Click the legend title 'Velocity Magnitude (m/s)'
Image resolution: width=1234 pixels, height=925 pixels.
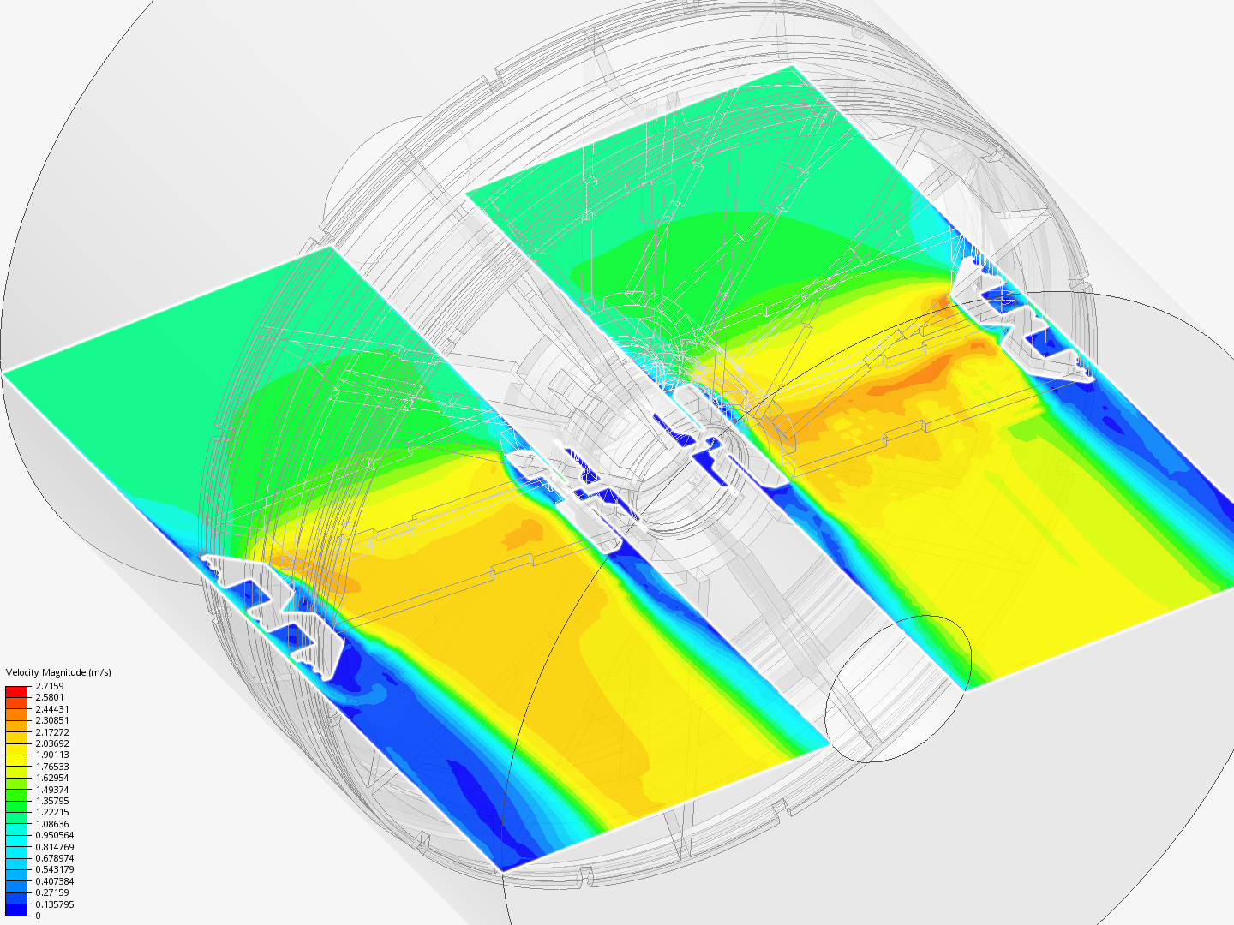tap(58, 672)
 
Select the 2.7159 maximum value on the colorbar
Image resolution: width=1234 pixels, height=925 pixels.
tap(50, 686)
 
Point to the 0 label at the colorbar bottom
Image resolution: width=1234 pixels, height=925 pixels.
tap(38, 916)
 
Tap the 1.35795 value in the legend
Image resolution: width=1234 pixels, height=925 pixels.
tap(52, 801)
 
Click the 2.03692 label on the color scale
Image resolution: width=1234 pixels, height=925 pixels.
tap(52, 743)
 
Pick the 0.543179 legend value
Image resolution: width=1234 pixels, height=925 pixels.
tap(54, 869)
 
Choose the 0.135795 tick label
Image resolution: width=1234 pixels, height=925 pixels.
tap(54, 904)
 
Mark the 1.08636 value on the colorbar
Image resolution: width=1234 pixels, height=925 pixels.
tap(52, 824)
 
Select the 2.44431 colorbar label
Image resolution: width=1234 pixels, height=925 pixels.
tap(52, 709)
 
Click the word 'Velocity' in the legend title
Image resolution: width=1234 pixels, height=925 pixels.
tap(22, 672)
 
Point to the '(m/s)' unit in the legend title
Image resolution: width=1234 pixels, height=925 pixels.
tap(99, 672)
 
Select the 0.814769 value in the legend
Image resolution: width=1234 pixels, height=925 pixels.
tap(54, 847)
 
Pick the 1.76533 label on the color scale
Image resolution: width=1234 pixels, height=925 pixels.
tap(52, 767)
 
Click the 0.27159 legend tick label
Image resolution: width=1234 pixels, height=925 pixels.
tap(52, 892)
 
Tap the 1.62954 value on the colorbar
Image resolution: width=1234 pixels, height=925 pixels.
tap(52, 778)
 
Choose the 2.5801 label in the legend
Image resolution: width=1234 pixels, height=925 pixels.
tap(50, 697)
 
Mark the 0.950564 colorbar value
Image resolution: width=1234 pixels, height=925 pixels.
tap(54, 835)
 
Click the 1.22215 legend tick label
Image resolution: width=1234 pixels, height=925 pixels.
tap(52, 812)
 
